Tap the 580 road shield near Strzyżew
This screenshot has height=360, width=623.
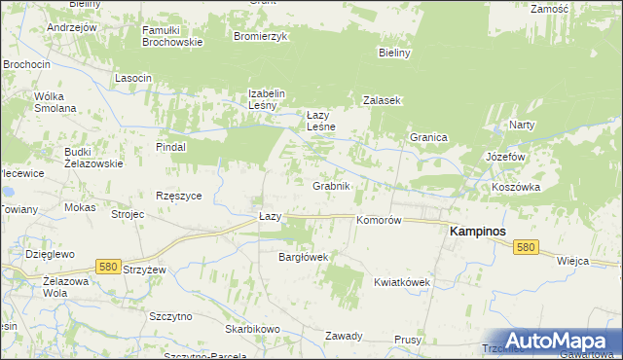coord(109,266)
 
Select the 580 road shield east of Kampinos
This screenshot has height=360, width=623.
coord(526,248)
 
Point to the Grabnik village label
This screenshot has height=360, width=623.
coord(331,185)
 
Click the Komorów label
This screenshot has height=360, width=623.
coord(379,221)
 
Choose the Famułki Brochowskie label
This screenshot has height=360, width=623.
coord(172,36)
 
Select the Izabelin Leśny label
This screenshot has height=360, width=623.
coord(266,99)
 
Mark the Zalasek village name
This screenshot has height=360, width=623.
coord(383,100)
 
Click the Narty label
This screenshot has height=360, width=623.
coord(523,126)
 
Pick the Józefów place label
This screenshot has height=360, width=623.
coord(505,156)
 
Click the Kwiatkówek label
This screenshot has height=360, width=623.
coord(402,282)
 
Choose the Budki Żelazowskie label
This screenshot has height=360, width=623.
coord(93,158)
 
